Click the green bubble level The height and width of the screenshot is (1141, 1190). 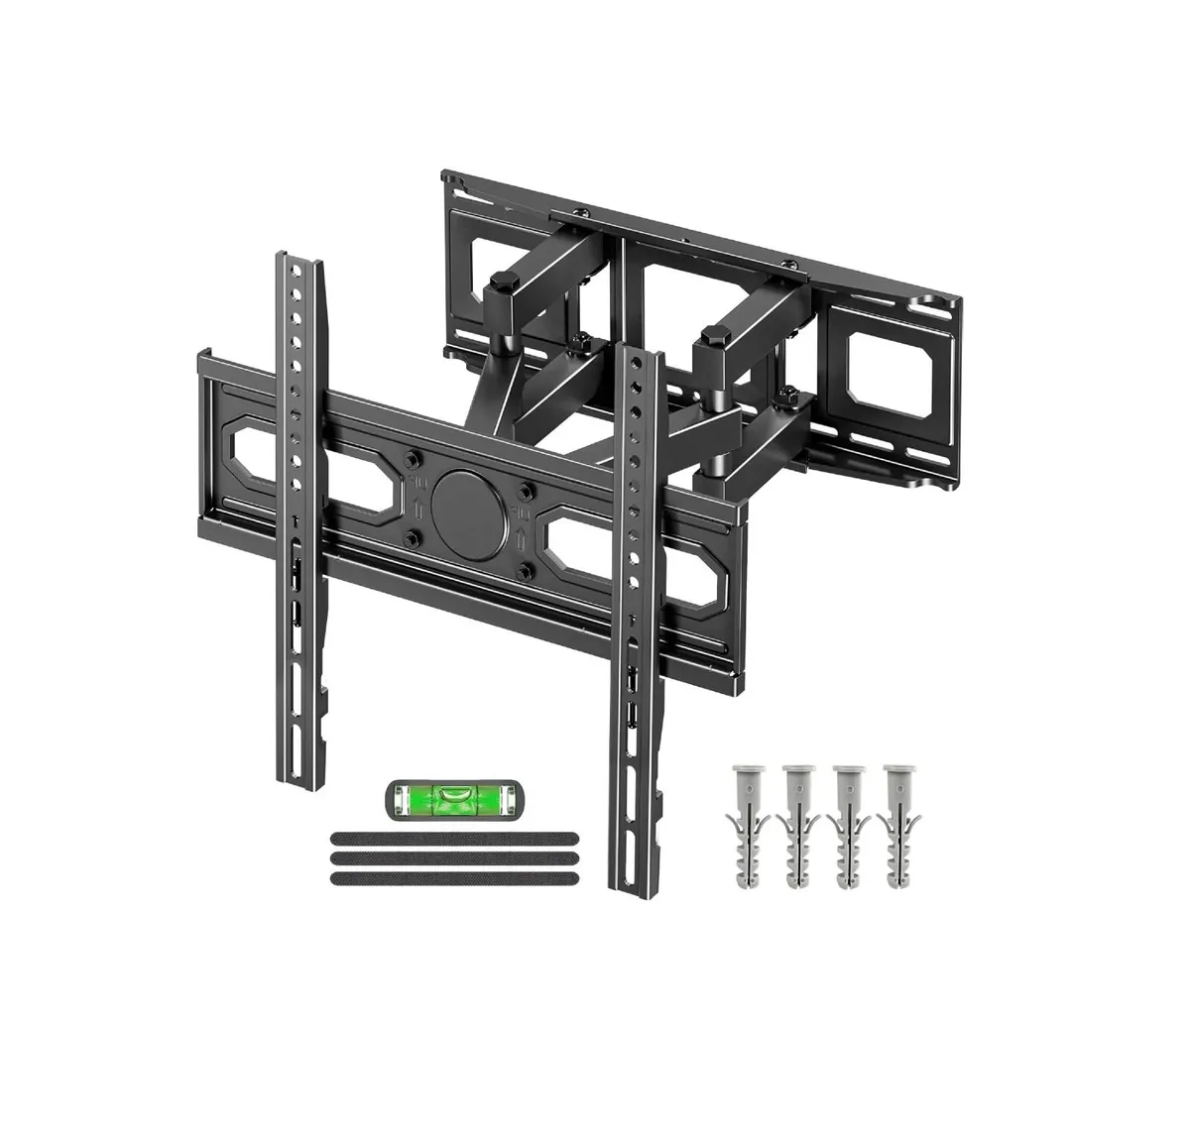[457, 796]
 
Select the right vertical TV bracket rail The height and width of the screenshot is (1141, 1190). [632, 595]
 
